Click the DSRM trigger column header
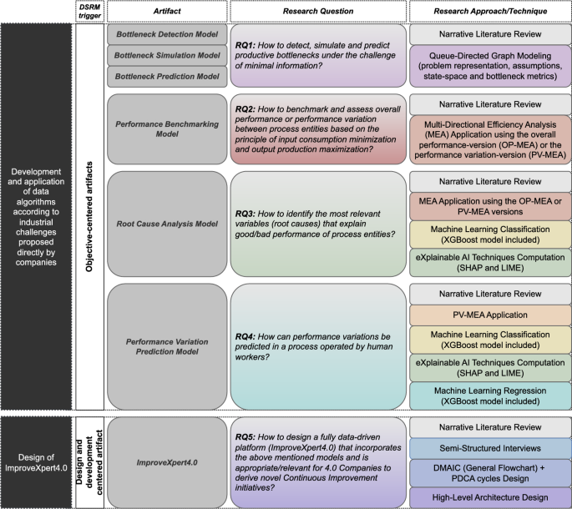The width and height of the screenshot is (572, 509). point(89,11)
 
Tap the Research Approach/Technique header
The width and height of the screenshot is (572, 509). point(485,11)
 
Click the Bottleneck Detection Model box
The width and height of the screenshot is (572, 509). point(166,35)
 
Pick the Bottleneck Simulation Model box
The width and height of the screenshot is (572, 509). point(166,56)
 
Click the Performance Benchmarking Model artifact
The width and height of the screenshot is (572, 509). point(166,129)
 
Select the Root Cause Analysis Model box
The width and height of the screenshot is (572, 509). point(166,224)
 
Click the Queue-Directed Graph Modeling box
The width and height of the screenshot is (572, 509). point(485,66)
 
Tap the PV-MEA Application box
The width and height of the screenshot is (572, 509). point(485,316)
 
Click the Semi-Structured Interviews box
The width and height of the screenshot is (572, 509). point(485,449)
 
